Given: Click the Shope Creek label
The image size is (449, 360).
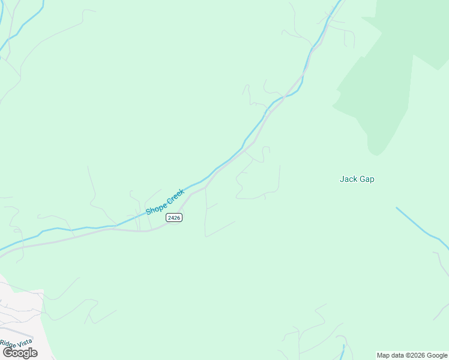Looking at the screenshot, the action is (165, 202).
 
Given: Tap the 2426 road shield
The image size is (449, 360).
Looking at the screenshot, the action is (174, 217).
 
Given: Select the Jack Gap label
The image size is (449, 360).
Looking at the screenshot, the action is (357, 179).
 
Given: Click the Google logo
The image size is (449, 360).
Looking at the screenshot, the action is (20, 353).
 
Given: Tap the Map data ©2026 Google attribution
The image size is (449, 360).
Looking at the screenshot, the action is (412, 355).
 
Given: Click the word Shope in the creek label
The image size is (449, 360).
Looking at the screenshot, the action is (155, 208).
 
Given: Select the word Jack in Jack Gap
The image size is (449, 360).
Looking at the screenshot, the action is (348, 179).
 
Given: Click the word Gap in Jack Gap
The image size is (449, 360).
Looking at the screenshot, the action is (366, 179).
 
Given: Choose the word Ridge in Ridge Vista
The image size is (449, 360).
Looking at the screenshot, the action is (8, 344).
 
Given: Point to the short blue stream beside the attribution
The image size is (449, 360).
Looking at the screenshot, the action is (343, 352).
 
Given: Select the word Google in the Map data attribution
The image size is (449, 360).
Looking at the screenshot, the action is (436, 355).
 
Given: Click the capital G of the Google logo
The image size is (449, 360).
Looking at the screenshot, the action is (8, 353).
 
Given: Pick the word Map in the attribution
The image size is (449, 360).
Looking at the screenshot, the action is (384, 355).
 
